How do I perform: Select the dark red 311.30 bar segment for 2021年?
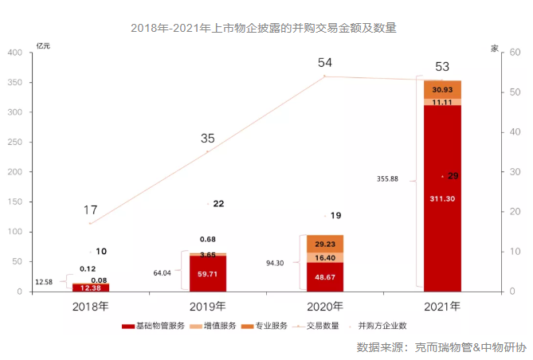(442, 199)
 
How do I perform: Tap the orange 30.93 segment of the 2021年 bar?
(442, 88)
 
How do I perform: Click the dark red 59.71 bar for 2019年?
(208, 273)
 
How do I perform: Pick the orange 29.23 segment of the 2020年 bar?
(325, 244)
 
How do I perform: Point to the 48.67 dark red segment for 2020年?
(325, 277)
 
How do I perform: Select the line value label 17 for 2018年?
(91, 210)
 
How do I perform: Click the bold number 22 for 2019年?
(218, 204)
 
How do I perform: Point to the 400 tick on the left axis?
(15, 53)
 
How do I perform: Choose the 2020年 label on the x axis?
(325, 306)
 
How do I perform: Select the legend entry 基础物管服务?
(156, 326)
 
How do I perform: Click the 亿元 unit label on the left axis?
(43, 46)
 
